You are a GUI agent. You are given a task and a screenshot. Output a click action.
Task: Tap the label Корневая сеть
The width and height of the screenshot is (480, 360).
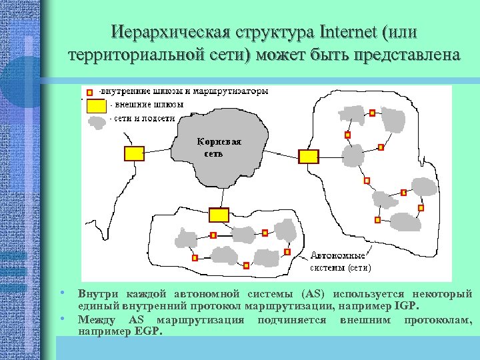219,147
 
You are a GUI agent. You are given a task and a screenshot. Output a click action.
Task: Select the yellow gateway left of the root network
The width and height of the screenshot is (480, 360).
134,153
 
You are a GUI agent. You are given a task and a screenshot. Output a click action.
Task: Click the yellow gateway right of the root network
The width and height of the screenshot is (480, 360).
308,157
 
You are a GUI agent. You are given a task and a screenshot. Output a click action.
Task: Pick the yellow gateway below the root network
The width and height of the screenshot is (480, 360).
219,215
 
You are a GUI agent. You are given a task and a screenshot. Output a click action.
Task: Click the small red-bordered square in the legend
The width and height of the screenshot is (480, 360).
90,91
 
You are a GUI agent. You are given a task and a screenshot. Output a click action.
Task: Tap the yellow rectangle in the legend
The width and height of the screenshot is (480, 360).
97,105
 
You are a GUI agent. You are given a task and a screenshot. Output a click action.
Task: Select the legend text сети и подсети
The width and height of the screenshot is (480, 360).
144,118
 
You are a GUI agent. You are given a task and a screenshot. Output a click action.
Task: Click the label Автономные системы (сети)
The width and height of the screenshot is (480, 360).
340,261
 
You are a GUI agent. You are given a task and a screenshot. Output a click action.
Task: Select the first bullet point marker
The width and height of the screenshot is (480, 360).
61,293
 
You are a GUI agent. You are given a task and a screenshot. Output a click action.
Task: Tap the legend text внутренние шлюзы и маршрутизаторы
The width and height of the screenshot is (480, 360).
184,91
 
